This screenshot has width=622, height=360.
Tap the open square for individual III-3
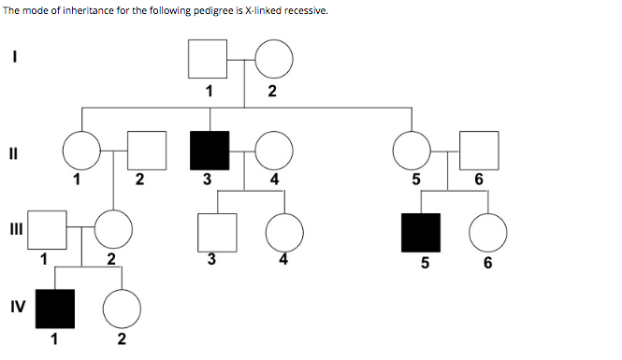(216, 231)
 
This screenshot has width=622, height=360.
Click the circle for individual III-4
(284, 231)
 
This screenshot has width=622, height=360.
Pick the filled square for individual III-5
(421, 233)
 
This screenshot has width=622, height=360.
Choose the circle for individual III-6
(487, 233)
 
